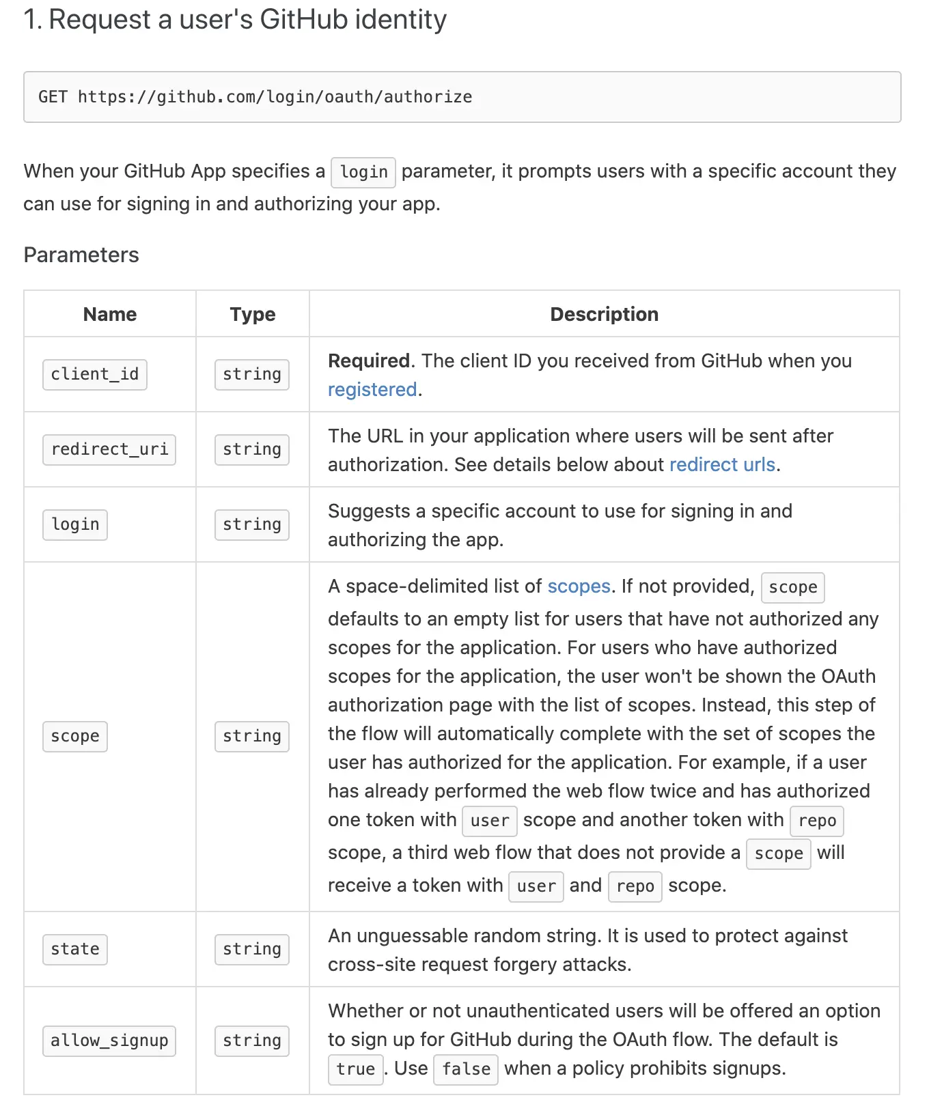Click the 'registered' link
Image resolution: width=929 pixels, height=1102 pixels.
pyautogui.click(x=372, y=389)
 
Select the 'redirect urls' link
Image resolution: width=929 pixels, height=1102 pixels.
pyautogui.click(x=722, y=464)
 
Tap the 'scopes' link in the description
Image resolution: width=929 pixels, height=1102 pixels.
pyautogui.click(x=579, y=586)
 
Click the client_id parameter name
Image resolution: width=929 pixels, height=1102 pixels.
pyautogui.click(x=95, y=374)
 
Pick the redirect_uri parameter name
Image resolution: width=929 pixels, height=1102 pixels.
pyautogui.click(x=109, y=449)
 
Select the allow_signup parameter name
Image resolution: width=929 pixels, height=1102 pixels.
pyautogui.click(x=109, y=1041)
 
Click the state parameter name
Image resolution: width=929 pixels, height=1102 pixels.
pyautogui.click(x=75, y=949)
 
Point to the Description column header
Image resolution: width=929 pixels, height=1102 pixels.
pyautogui.click(x=604, y=314)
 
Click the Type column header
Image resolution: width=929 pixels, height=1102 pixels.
pyautogui.click(x=253, y=314)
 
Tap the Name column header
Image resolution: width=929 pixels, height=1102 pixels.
pyautogui.click(x=110, y=314)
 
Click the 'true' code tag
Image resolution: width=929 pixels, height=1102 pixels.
pyautogui.click(x=355, y=1069)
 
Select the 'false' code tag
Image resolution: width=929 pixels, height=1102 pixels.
pyautogui.click(x=466, y=1069)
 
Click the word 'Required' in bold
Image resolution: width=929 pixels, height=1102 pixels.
pyautogui.click(x=369, y=361)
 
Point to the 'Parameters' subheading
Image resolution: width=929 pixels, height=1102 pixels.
pyautogui.click(x=81, y=255)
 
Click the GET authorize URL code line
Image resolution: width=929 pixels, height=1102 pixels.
pyautogui.click(x=255, y=97)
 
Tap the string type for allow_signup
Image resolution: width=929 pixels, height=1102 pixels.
pyautogui.click(x=252, y=1041)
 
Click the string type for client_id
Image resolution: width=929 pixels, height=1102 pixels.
pyautogui.click(x=252, y=374)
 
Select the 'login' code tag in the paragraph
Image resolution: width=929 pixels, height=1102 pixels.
pyautogui.click(x=363, y=172)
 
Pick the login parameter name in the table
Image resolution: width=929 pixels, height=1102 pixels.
pyautogui.click(x=75, y=524)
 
